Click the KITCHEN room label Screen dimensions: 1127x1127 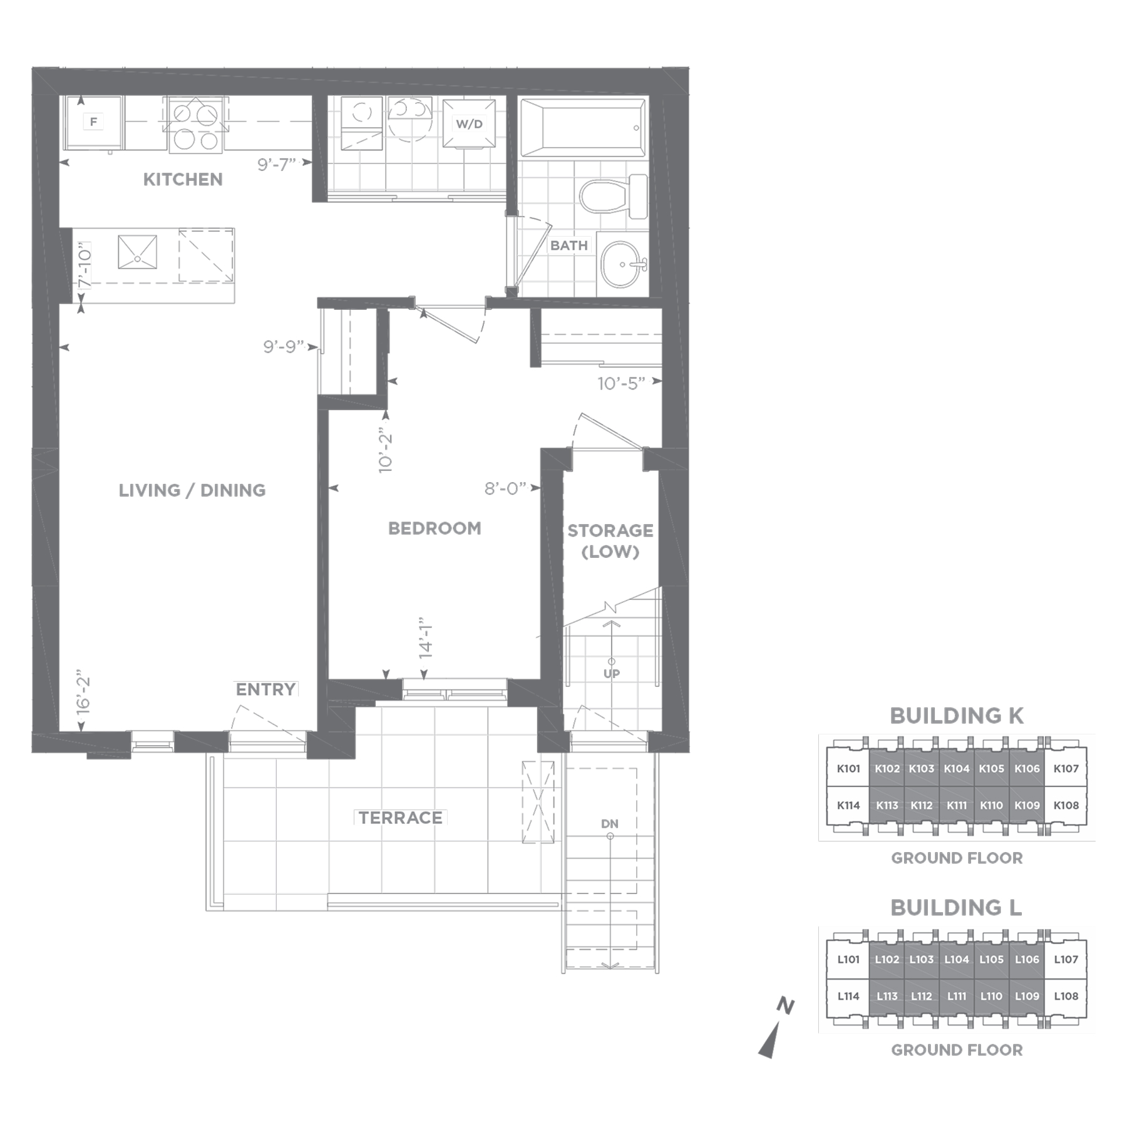(x=183, y=180)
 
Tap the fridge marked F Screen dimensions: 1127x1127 (x=94, y=122)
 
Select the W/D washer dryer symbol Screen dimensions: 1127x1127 (x=469, y=123)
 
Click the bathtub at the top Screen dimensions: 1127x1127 (x=583, y=128)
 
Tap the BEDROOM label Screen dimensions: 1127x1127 (x=435, y=528)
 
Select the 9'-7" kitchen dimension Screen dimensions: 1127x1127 (x=276, y=165)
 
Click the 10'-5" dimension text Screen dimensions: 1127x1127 (x=621, y=384)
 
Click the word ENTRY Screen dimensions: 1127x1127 (x=265, y=689)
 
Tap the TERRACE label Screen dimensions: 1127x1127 (x=401, y=818)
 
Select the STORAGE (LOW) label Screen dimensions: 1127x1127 (x=610, y=541)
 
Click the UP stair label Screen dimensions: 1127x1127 (x=612, y=674)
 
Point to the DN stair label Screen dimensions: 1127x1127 (x=610, y=824)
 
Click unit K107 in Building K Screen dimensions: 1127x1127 (x=1066, y=769)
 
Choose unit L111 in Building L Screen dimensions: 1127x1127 (x=956, y=996)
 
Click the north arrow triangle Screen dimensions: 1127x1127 (x=769, y=1041)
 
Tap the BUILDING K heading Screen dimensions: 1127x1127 (x=957, y=716)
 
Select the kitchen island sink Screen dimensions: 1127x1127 (x=137, y=252)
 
